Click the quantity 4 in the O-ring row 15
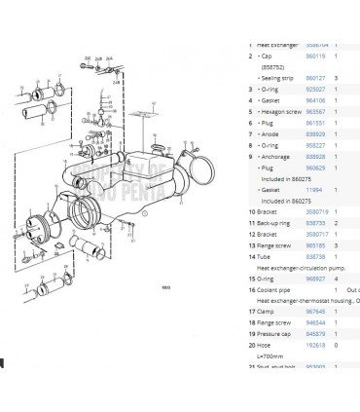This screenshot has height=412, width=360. [x=336, y=279]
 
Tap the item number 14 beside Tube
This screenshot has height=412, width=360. [x=251, y=256]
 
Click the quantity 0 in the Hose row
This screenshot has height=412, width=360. [x=336, y=346]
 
